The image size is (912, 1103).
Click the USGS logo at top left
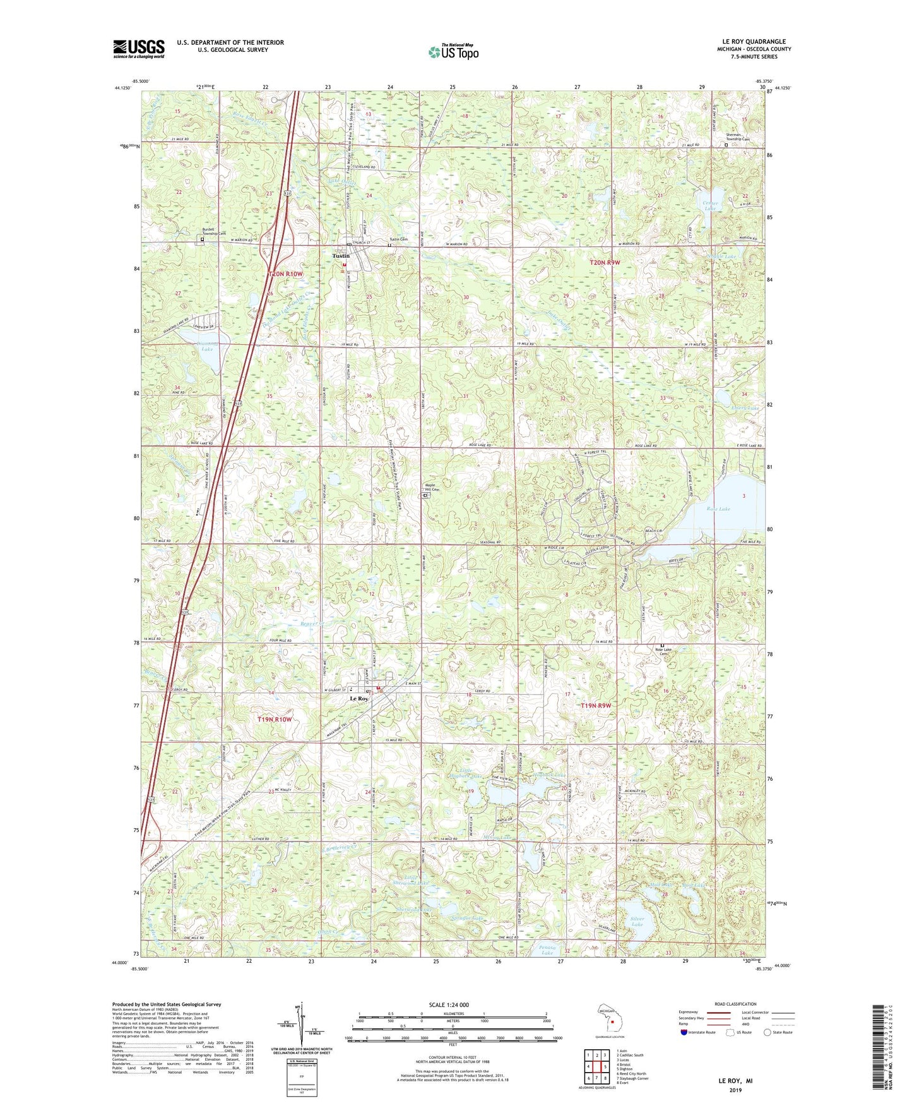coord(139,48)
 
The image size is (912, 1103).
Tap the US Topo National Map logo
coord(453,51)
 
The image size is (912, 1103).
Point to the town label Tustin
coord(341,256)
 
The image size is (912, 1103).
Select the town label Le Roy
coord(359,699)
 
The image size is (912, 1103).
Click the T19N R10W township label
coord(275,719)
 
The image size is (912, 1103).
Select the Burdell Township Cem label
coord(213,231)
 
